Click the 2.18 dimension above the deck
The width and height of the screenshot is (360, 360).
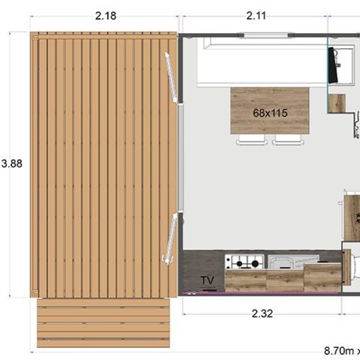[106, 16]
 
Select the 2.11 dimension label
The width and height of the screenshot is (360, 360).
[256, 16]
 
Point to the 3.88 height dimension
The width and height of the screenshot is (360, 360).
[12, 163]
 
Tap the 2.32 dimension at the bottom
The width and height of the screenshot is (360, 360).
[262, 313]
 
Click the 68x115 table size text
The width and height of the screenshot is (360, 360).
[270, 113]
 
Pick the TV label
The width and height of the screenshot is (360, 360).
[207, 280]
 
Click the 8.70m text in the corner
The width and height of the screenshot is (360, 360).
[339, 351]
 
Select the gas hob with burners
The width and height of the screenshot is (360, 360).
[244, 262]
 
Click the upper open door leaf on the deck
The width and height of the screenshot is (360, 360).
[170, 77]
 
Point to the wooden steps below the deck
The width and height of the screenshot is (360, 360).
[103, 323]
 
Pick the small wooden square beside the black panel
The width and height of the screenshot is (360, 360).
[337, 103]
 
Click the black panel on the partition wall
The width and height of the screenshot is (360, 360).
[333, 65]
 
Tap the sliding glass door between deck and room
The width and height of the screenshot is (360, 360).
[181, 158]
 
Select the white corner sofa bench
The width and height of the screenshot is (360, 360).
[262, 62]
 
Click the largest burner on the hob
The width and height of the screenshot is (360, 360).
[255, 263]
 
